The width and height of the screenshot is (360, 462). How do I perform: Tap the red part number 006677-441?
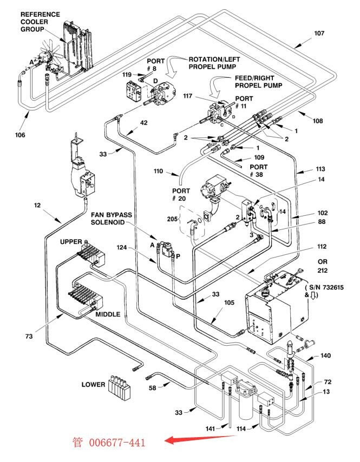click(117, 443)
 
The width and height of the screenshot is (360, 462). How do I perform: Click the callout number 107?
click(319, 34)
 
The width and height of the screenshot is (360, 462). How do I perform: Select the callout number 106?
click(20, 135)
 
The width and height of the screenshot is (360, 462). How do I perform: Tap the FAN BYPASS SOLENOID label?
click(111, 219)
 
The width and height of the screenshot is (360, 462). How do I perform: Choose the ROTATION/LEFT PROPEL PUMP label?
click(214, 63)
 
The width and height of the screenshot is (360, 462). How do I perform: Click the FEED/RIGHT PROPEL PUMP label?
click(258, 82)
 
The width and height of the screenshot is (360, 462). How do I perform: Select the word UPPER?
click(71, 242)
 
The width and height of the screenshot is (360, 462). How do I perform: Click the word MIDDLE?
click(108, 314)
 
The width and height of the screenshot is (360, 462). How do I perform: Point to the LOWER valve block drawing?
click(119, 387)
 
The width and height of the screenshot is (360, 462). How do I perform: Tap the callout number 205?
click(172, 219)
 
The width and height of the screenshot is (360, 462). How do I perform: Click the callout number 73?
click(29, 336)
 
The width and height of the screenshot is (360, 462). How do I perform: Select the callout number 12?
click(37, 205)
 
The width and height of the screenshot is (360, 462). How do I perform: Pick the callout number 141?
click(210, 428)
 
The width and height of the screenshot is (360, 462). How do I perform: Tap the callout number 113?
click(320, 169)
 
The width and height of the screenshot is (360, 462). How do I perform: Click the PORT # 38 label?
click(258, 170)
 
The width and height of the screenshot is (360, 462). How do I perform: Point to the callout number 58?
click(152, 388)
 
